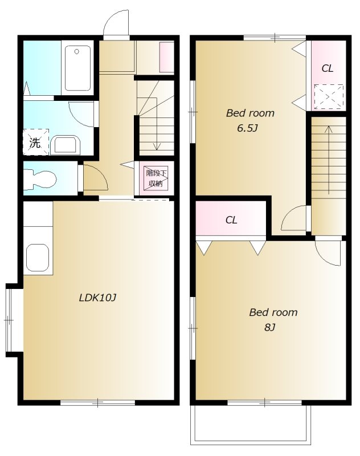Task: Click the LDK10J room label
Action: pyautogui.click(x=97, y=298)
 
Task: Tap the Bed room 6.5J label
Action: pyautogui.click(x=250, y=120)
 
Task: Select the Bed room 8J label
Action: pyautogui.click(x=273, y=320)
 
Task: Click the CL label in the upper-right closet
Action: pyautogui.click(x=327, y=68)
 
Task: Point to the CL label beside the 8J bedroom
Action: pyautogui.click(x=231, y=220)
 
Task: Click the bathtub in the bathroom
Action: pyautogui.click(x=77, y=68)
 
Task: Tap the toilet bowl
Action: pyautogui.click(x=40, y=178)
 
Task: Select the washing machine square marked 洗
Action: pyautogui.click(x=35, y=142)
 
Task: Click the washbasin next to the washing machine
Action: pyautogui.click(x=65, y=145)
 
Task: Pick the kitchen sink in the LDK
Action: pyautogui.click(x=38, y=258)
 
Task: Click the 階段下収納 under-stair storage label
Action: pyautogui.click(x=156, y=178)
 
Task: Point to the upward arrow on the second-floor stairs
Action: pyautogui.click(x=329, y=160)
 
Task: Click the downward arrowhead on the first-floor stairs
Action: pyautogui.click(x=157, y=147)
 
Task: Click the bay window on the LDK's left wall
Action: pyautogui.click(x=10, y=320)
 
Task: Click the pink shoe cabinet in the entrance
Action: pyautogui.click(x=167, y=58)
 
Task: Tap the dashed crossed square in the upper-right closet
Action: pyautogui.click(x=329, y=97)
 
